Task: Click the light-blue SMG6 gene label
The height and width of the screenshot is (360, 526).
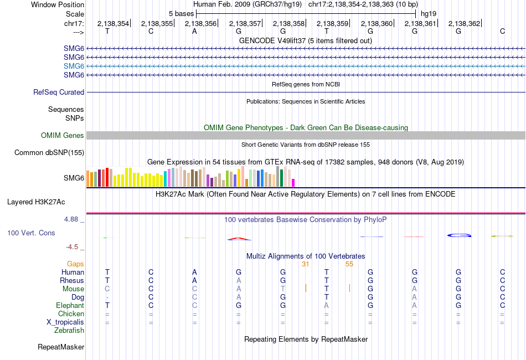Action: pyautogui.click(x=74, y=66)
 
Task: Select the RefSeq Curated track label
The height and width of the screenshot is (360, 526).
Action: pyautogui.click(x=59, y=92)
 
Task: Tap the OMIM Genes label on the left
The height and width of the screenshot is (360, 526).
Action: pyautogui.click(x=63, y=136)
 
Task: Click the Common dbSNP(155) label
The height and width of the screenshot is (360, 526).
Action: pyautogui.click(x=49, y=152)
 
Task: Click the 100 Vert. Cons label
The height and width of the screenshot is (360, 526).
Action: pyautogui.click(x=31, y=233)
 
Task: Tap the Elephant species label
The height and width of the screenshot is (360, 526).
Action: pyautogui.click(x=70, y=306)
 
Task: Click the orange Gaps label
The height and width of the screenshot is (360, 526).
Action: pyautogui.click(x=75, y=264)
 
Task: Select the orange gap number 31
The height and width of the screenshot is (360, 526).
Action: pyautogui.click(x=305, y=264)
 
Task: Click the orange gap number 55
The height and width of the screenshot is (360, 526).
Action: pyautogui.click(x=349, y=264)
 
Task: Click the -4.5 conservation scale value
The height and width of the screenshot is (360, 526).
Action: pyautogui.click(x=75, y=247)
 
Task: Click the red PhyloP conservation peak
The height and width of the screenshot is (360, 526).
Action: pyautogui.click(x=239, y=239)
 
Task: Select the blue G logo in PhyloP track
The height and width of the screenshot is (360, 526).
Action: pyautogui.click(x=459, y=236)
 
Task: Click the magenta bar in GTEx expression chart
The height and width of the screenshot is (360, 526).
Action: pyautogui.click(x=293, y=183)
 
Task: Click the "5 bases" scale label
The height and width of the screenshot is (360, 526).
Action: pyautogui.click(x=181, y=13)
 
